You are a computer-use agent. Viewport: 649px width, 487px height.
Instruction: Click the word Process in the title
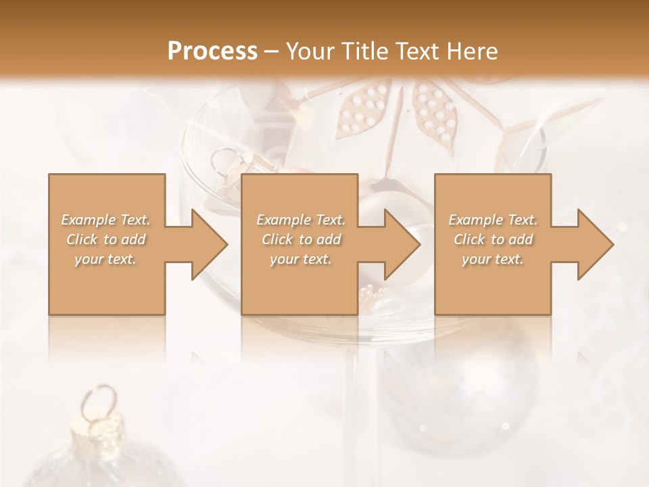pos(212,51)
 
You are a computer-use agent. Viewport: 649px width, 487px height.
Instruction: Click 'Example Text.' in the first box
pos(106,220)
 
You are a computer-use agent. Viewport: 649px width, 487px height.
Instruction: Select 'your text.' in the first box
pos(106,259)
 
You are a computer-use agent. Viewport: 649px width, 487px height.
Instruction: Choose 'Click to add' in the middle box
pos(301,239)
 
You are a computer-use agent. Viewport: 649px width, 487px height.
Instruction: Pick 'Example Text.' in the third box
pos(493,220)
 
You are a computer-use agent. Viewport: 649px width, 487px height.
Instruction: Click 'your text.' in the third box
pos(493,259)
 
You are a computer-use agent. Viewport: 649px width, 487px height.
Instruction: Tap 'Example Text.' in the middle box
pos(301,220)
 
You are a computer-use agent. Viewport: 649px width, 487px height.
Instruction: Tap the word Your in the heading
pos(308,51)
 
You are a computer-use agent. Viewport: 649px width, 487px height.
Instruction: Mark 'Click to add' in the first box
pos(106,239)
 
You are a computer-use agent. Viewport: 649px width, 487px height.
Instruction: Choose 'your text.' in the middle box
pos(301,259)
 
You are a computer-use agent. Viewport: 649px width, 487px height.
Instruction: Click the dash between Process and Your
pos(272,51)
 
